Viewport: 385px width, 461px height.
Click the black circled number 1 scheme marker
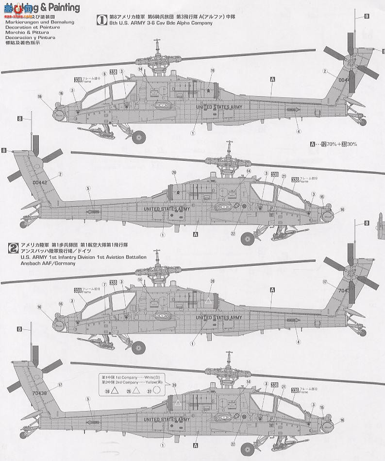tap(102, 20)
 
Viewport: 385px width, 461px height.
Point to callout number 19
tap(212, 71)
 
